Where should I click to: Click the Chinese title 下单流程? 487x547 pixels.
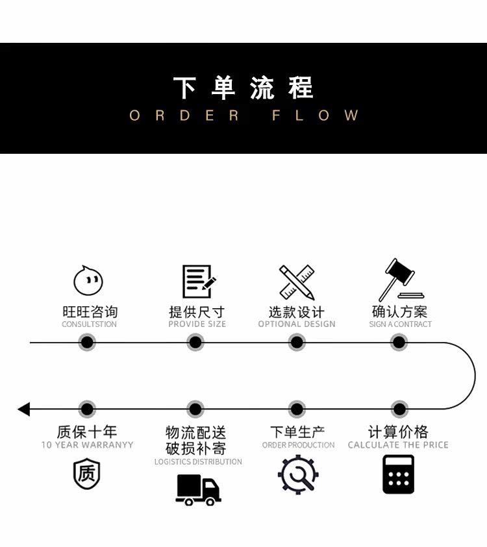tap(243, 88)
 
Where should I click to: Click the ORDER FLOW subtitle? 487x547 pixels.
tap(243, 115)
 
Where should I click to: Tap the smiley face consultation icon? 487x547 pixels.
tap(88, 281)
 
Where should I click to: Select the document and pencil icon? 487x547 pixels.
tap(197, 282)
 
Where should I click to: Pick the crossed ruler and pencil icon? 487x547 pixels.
tap(297, 282)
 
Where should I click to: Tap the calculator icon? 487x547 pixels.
tap(398, 474)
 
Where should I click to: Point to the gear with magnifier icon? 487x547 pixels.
tap(298, 474)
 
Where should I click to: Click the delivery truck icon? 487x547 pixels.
tap(198, 489)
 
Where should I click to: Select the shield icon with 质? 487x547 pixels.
tap(87, 474)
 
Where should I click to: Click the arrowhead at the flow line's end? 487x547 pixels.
tap(24, 409)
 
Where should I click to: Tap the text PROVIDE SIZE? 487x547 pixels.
tap(197, 324)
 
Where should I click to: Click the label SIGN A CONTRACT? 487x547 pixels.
tap(400, 324)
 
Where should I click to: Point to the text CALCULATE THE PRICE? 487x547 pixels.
tap(398, 445)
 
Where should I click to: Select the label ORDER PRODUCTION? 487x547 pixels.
tap(298, 445)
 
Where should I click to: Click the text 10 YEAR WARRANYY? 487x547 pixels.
tap(87, 445)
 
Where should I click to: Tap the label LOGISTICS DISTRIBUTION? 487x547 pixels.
tap(198, 462)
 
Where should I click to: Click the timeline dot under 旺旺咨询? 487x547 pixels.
tap(87, 342)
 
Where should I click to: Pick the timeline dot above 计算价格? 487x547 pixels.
tap(399, 409)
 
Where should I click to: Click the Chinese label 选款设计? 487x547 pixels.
tap(297, 312)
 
